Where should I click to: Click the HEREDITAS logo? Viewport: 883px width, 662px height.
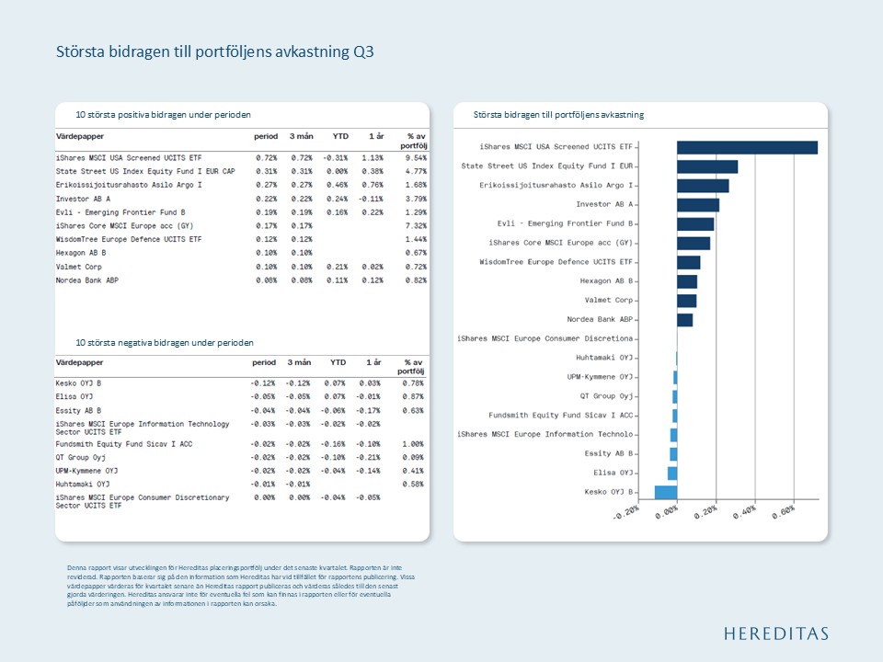coord(774,633)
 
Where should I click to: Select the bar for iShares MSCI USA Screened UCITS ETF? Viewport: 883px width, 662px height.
coord(747,147)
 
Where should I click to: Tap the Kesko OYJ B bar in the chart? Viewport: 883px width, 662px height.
coord(666,492)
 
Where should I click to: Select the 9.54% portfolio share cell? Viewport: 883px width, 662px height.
coord(416,158)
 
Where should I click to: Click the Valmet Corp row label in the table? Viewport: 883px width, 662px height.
coord(79,267)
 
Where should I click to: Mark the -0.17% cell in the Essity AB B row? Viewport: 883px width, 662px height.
coord(372,410)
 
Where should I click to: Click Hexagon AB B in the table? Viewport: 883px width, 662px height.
coord(81,253)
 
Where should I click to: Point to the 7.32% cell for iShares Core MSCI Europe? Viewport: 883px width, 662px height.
coord(416,226)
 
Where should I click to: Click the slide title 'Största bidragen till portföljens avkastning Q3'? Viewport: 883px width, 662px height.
coord(214,51)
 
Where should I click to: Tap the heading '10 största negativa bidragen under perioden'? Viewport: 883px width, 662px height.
coord(165,343)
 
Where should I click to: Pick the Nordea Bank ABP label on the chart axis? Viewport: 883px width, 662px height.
coord(600,319)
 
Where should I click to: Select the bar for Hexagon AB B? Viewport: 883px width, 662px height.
coord(687,281)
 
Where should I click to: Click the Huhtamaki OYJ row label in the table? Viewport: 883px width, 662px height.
coord(83,484)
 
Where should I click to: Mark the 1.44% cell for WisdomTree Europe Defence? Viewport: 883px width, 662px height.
coord(416,239)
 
